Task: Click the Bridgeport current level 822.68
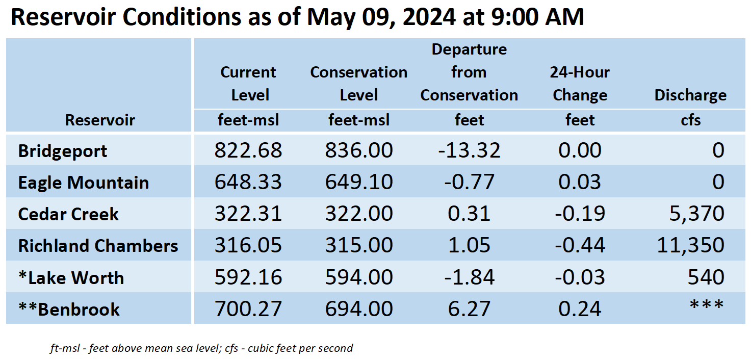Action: [248, 150]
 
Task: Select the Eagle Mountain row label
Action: [84, 183]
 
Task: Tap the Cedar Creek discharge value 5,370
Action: [696, 214]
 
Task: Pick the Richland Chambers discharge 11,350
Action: [690, 245]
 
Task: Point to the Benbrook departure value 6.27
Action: [469, 308]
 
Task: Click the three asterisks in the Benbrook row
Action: [707, 305]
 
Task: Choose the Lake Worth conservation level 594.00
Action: [359, 277]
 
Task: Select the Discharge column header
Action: [690, 95]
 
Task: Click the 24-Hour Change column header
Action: [580, 84]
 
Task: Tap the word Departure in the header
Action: [469, 49]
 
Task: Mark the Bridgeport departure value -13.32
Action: [469, 150]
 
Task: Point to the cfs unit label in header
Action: [690, 120]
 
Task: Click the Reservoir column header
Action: [100, 120]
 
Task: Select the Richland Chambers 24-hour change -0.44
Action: [580, 245]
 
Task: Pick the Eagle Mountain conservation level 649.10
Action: [359, 182]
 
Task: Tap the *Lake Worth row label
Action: [71, 277]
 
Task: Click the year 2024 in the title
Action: [429, 17]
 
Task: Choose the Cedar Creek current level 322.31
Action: [248, 214]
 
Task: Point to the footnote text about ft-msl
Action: [201, 348]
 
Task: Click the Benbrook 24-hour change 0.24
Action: [580, 308]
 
